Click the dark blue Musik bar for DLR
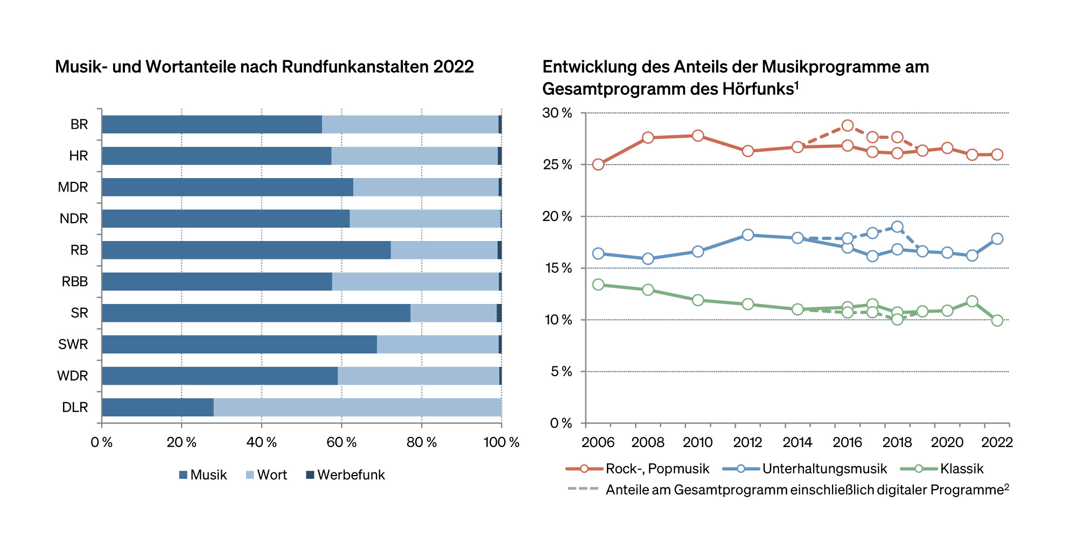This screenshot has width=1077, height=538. pos(157,407)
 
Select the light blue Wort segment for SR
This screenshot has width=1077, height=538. pos(453,313)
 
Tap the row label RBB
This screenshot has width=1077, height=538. pos(75,281)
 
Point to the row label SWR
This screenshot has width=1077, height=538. pos(73,344)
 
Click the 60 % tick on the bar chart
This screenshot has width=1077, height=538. pos(341,443)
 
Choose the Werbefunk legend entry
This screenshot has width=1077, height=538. pos(346,475)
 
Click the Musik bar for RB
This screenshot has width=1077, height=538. pos(246,250)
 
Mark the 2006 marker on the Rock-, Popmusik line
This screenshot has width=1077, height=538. pos(598,164)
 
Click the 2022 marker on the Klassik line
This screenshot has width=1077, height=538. pos(997,321)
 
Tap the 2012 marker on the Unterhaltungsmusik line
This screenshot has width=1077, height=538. pos(748,235)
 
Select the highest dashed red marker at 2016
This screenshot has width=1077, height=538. pos(848,126)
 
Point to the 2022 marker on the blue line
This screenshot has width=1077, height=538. pos(997,238)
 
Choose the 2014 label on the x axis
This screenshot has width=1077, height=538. pos(798,443)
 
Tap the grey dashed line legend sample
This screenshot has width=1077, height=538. pos(583,489)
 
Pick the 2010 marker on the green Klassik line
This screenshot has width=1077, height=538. pos(698,300)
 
